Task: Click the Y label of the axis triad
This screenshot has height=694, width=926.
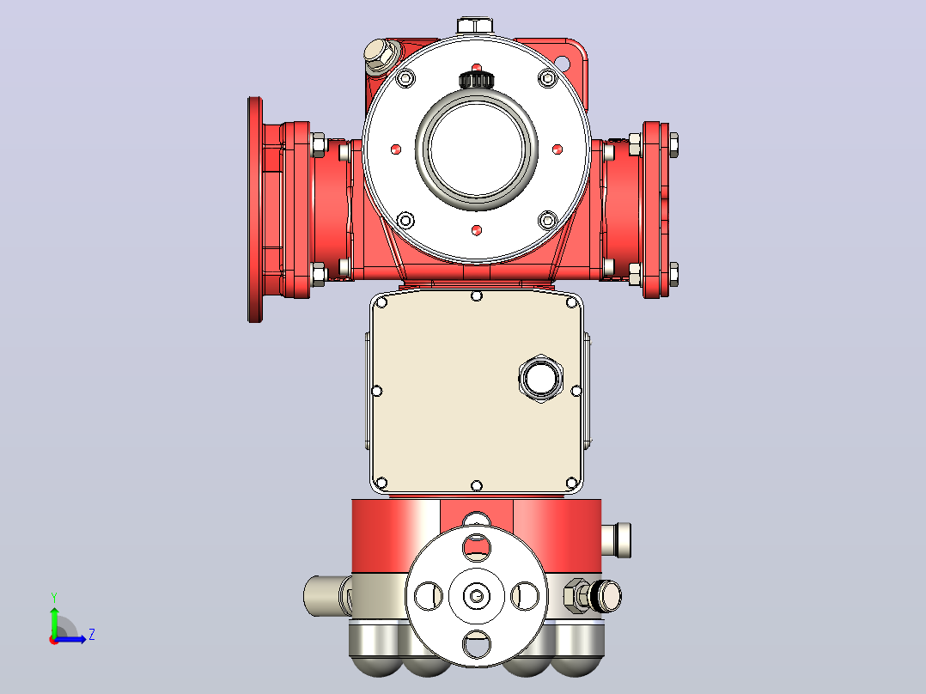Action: (x=54, y=597)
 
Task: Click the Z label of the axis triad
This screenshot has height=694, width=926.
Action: (x=92, y=635)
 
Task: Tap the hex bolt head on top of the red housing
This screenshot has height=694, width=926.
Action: (x=475, y=26)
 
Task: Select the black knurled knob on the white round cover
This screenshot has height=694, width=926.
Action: (x=476, y=79)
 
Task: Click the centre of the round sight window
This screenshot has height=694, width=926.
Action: (x=476, y=150)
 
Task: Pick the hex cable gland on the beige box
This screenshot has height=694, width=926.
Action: (x=540, y=378)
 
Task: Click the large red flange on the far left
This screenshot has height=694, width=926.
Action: (x=255, y=210)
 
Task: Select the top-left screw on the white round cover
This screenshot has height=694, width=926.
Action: (x=405, y=77)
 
